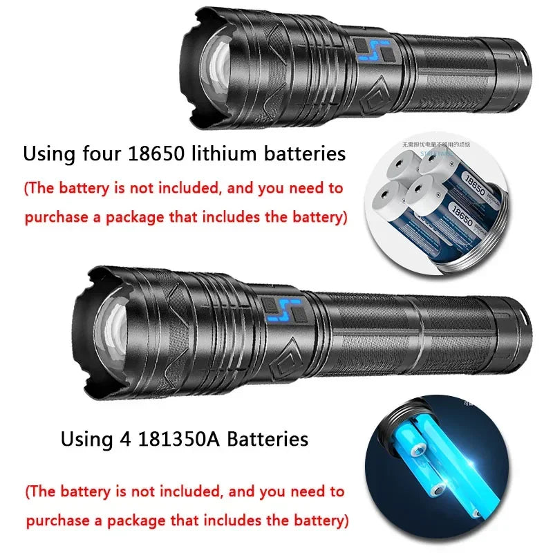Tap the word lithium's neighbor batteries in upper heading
pos(304,153)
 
